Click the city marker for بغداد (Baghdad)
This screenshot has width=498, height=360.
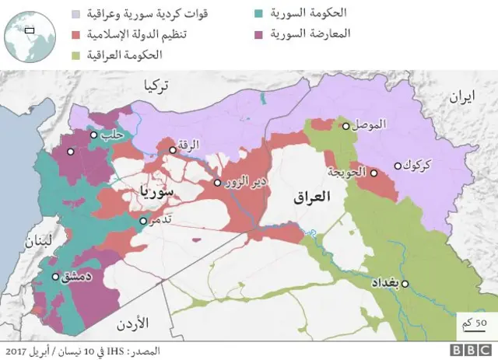coord(405,284)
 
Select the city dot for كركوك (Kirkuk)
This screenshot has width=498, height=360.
coord(398,165)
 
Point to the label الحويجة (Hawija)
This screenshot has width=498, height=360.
coord(347,173)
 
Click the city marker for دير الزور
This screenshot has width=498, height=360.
coord(218,183)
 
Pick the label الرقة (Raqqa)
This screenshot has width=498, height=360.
coord(189,144)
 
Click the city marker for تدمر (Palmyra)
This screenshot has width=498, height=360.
coord(142,221)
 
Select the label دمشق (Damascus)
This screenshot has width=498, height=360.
coord(80,276)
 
